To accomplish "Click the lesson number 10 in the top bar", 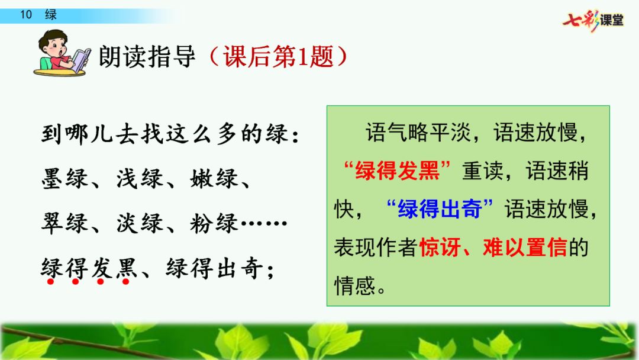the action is (26, 15).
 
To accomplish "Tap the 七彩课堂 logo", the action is (593, 20).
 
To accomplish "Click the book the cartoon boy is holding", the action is (82, 60).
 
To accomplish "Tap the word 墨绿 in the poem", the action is (64, 179).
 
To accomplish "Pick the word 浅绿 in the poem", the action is (140, 179).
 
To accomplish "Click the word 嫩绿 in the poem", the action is (214, 179).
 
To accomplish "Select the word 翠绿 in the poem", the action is (64, 223).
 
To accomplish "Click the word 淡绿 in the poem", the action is (140, 223).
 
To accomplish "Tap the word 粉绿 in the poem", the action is (214, 223).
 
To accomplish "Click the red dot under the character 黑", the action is (125, 282).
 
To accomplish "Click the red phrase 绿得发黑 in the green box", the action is (398, 171).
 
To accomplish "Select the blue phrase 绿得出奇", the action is (440, 209).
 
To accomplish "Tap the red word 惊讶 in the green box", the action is (440, 247).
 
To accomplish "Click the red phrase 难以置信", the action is (525, 247).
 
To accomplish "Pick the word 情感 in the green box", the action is (355, 285).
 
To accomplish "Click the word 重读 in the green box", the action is (483, 171).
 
